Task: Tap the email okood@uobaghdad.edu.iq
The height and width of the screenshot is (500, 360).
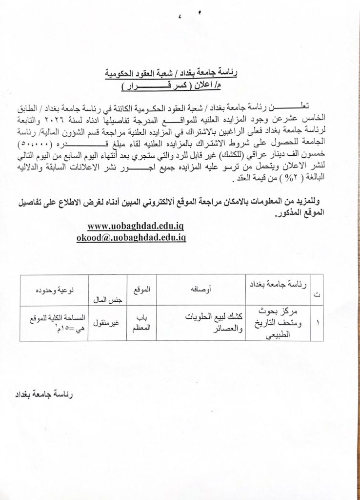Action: pos(131,237)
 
